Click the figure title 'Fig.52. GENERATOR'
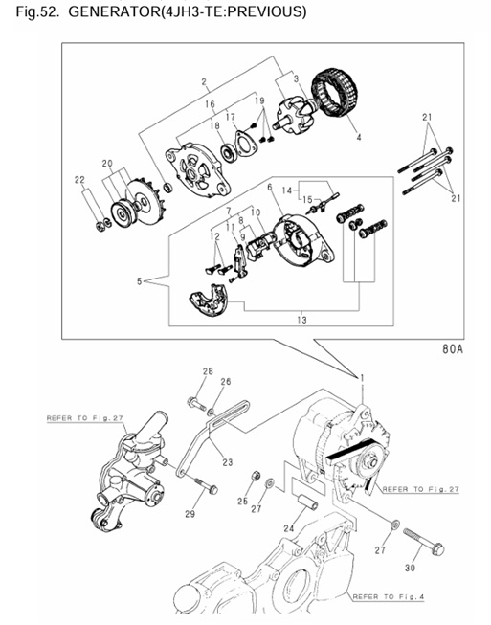coord(153,12)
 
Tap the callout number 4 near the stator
coord(358,138)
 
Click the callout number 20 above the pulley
coord(107,163)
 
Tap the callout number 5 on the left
coord(142,282)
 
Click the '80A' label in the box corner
coord(452,350)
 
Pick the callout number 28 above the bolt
coord(207,370)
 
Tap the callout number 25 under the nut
coord(243,502)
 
